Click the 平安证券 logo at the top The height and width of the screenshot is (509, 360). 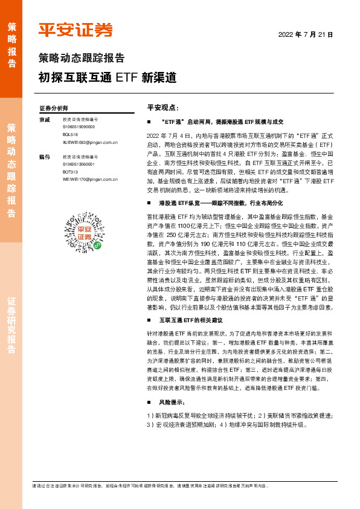click(x=76, y=30)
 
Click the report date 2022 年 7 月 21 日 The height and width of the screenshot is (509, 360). click(x=305, y=35)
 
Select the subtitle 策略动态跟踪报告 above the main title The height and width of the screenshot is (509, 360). click(x=82, y=59)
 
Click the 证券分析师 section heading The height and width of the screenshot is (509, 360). click(x=53, y=108)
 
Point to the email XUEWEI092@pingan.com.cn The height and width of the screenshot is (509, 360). click(x=90, y=143)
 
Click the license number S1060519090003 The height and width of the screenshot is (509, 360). click(x=79, y=128)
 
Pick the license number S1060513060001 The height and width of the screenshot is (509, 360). click(x=79, y=163)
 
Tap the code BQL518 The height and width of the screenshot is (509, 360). click(x=71, y=135)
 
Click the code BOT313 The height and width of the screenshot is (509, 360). click(x=71, y=171)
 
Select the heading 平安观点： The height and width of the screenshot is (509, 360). click(x=162, y=107)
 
